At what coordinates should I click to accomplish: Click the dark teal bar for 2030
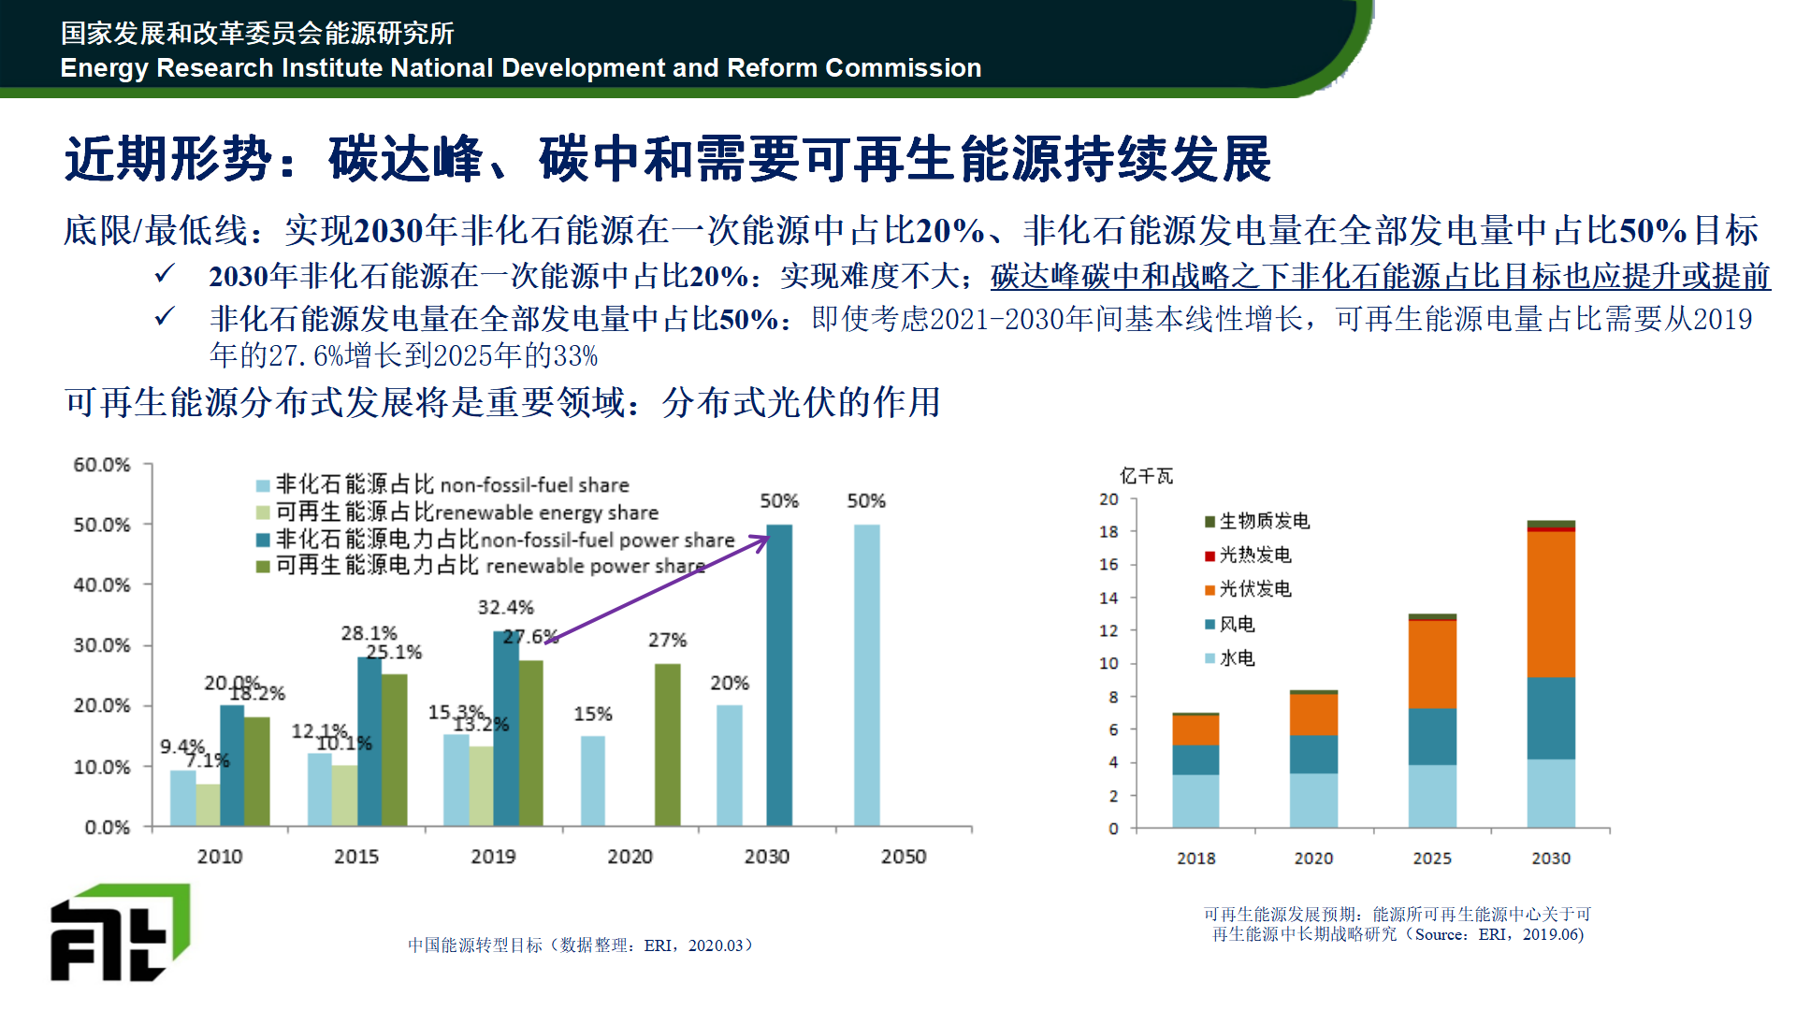[x=779, y=675]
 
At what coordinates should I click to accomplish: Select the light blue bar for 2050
[x=866, y=675]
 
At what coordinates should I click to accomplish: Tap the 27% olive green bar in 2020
[x=667, y=744]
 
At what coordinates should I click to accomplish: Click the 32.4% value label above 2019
[x=505, y=608]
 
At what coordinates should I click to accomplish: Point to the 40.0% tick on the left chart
[x=102, y=585]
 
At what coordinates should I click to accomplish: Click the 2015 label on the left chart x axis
[x=356, y=857]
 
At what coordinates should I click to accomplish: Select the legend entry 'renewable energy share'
[x=465, y=512]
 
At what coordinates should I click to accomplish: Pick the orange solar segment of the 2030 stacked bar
[x=1551, y=603]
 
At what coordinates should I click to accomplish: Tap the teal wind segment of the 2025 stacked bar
[x=1432, y=737]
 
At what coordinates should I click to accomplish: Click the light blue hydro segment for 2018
[x=1195, y=801]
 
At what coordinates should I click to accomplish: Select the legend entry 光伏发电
[x=1249, y=589]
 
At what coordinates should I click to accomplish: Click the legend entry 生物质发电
[x=1258, y=521]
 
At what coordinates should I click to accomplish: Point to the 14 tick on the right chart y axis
[x=1108, y=598]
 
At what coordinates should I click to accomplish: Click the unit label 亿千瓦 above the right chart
[x=1146, y=476]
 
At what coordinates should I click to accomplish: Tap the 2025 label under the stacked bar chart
[x=1432, y=858]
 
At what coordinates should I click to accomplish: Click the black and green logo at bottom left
[x=119, y=932]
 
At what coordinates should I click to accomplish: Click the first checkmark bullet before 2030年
[x=165, y=274]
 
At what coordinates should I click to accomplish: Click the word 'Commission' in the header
[x=903, y=68]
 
